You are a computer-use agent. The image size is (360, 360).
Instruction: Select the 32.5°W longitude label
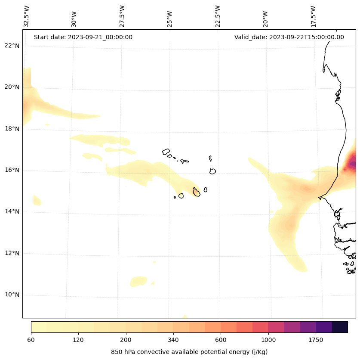coord(27,16)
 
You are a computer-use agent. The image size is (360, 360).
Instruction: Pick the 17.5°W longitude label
coord(313,16)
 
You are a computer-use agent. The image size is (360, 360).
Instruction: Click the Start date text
coord(83,37)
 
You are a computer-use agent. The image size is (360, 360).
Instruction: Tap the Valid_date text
coord(289,37)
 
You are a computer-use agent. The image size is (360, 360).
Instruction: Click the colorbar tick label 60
coord(31,340)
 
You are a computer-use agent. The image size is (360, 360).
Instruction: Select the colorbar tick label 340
coord(173,340)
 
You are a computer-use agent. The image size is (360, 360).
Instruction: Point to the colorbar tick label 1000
coord(268,340)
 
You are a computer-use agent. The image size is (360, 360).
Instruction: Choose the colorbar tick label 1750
coord(316,340)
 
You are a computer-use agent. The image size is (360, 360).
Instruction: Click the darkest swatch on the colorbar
coord(340,327)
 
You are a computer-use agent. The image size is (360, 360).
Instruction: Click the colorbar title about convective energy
coord(189,352)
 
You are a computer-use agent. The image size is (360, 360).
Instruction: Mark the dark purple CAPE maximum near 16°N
coord(353,164)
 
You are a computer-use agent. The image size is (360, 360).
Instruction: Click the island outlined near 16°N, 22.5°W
coord(212,171)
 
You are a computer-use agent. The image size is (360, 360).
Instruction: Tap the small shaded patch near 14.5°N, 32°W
coord(37,200)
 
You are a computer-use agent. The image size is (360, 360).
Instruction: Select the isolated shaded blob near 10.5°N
coord(138,282)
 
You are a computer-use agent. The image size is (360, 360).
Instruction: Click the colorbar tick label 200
coord(126,340)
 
